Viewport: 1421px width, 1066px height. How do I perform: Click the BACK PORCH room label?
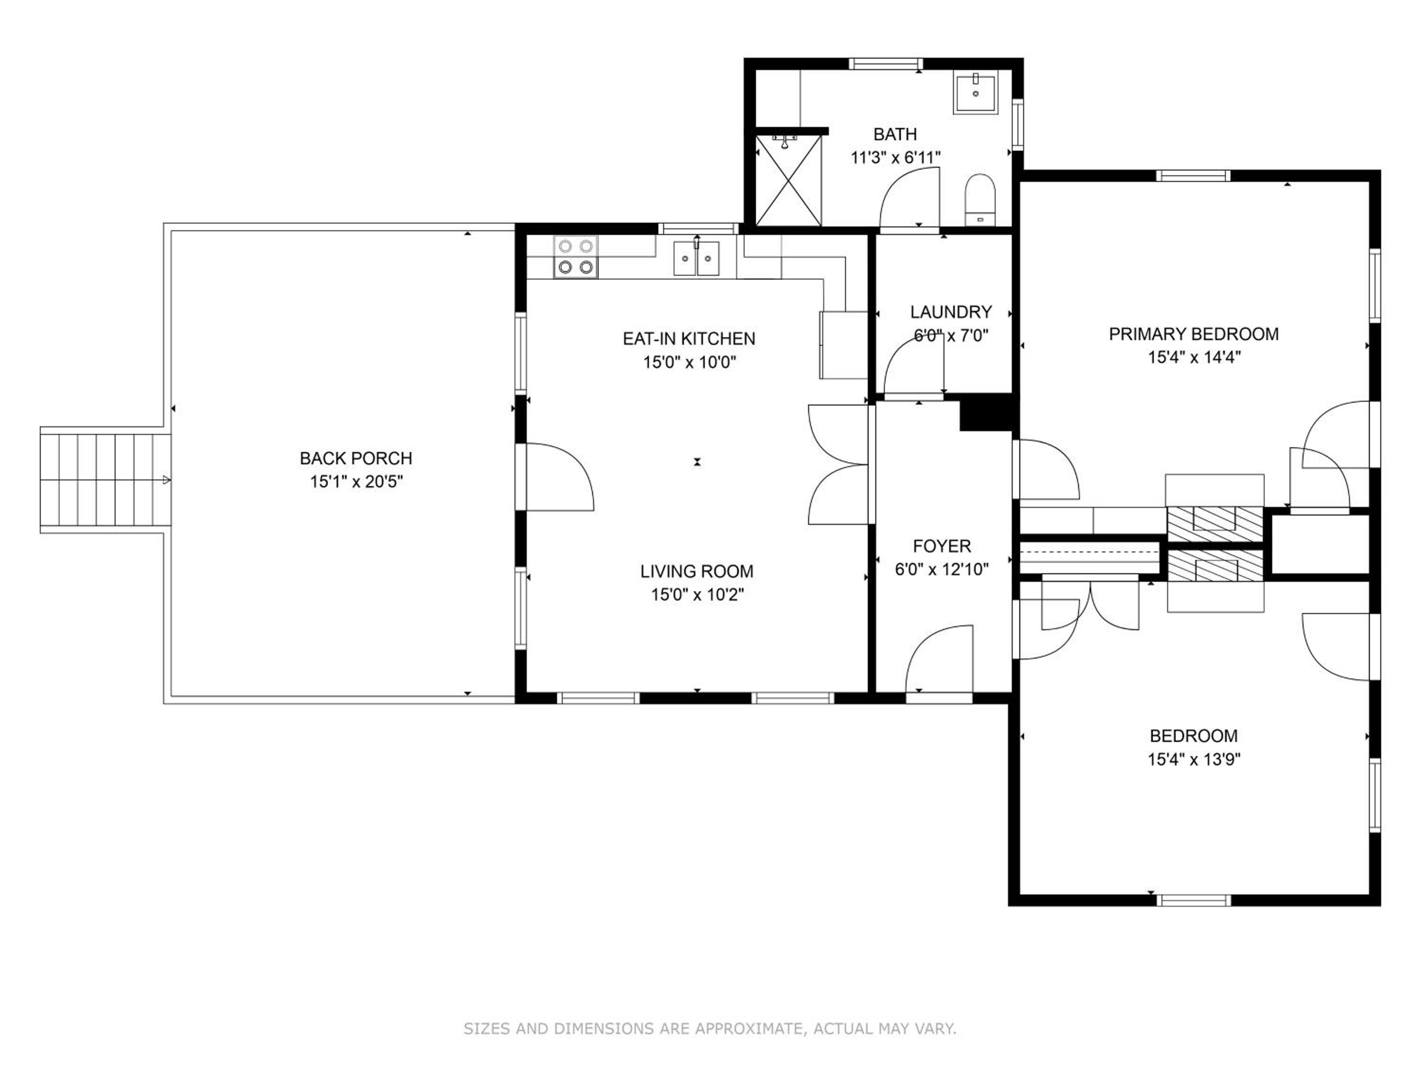click(356, 458)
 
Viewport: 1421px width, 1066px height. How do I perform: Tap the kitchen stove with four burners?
click(576, 257)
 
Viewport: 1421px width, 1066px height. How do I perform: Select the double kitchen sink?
click(696, 258)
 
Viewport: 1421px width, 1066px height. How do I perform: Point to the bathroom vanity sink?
click(976, 94)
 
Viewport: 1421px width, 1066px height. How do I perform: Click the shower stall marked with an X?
click(788, 180)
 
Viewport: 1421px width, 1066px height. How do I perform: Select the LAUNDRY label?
click(951, 312)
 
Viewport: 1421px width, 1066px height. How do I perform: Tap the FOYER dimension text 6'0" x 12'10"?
click(942, 569)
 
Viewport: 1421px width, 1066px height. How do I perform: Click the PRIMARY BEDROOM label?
click(1194, 334)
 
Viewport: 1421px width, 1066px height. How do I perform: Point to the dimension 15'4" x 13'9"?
click(1194, 759)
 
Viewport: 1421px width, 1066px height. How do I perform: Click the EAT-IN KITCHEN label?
click(689, 339)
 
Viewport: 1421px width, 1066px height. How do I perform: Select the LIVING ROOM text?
click(697, 571)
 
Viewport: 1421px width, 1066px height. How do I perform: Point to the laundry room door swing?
click(914, 368)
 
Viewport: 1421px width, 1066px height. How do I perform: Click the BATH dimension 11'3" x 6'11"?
click(896, 157)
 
